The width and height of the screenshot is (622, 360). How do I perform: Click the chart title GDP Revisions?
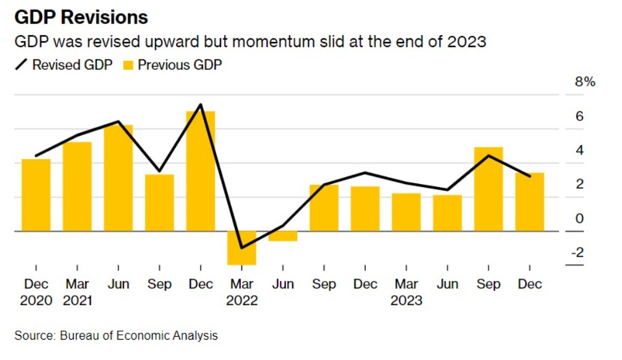click(x=81, y=17)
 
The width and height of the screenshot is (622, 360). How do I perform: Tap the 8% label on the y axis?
click(x=584, y=82)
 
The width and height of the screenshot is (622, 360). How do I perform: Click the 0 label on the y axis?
click(x=579, y=218)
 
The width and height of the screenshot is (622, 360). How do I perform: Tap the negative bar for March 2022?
click(x=242, y=248)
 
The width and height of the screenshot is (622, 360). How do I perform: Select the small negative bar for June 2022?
click(x=283, y=236)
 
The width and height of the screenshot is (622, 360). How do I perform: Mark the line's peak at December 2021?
click(x=201, y=104)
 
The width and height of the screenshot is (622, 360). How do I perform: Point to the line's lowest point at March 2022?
click(x=242, y=248)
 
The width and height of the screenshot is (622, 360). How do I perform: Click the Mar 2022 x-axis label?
click(x=242, y=292)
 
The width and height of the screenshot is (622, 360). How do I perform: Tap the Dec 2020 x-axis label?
click(x=36, y=292)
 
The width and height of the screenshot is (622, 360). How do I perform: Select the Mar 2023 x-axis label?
click(x=406, y=292)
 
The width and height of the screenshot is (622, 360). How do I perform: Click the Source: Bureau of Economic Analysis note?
click(x=116, y=336)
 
